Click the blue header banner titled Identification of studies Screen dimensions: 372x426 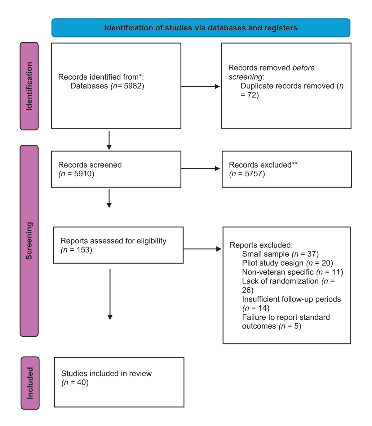coord(201,28)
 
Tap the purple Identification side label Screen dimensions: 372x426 coord(29,86)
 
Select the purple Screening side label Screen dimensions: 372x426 coord(29,241)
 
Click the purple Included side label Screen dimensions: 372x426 coord(30,383)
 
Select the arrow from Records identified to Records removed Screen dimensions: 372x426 coord(200,86)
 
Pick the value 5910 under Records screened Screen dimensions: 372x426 coord(83,173)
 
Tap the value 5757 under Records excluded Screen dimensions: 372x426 coord(254,173)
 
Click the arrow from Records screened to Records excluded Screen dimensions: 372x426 coord(200,169)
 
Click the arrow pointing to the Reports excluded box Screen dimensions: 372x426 coord(202,249)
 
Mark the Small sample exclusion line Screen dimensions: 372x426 coord(280,254)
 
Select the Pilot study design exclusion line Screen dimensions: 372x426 coord(287,263)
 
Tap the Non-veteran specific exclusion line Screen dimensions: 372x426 coord(292,272)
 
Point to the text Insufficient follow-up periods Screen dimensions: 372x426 coord(291,299)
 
